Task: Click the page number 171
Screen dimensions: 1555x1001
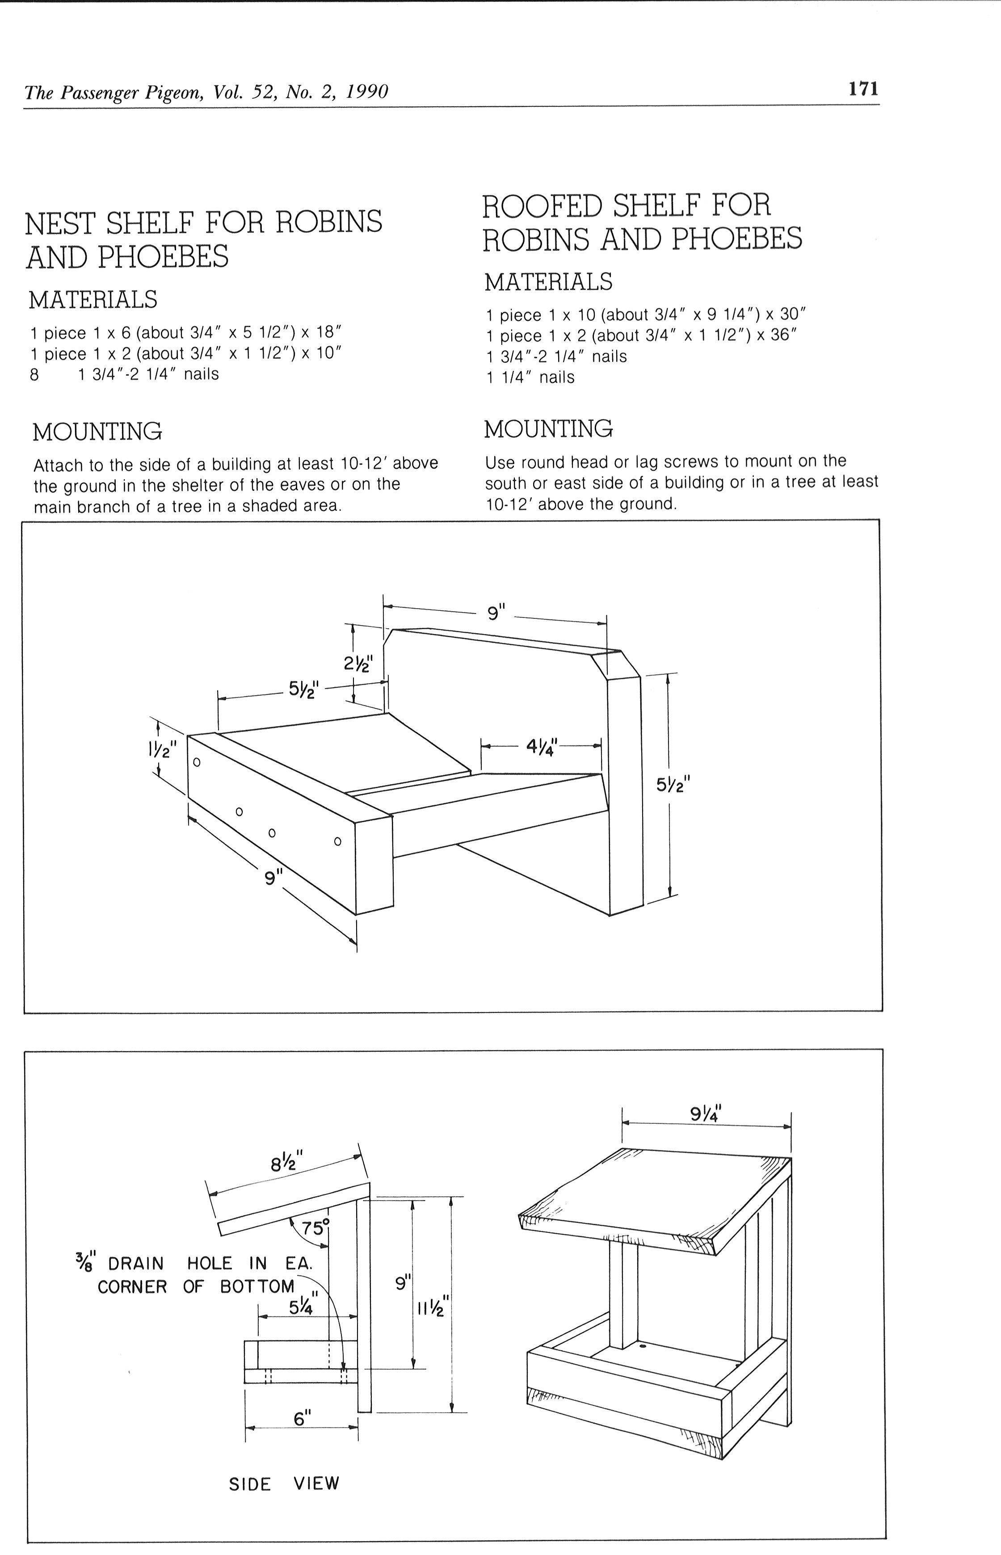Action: pos(863,88)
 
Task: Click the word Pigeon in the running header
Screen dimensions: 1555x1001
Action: pos(170,92)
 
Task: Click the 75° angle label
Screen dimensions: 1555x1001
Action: pos(315,1227)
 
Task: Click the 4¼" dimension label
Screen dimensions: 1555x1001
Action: pos(542,747)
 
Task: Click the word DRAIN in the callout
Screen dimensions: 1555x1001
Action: pos(136,1263)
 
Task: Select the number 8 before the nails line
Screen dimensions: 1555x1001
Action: pos(34,375)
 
